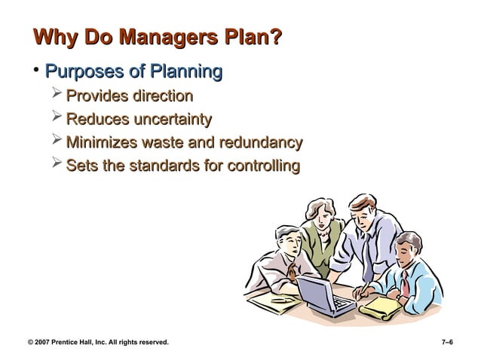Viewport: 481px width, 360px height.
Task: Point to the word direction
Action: (x=162, y=96)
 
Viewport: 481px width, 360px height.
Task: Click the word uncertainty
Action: (x=172, y=119)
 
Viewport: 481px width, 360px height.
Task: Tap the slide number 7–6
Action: (x=446, y=343)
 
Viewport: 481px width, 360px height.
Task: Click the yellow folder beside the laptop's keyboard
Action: (x=381, y=304)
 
